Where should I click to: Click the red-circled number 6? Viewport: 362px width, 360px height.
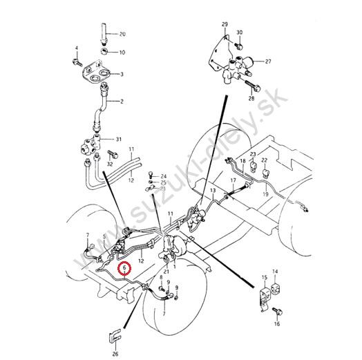(x=124, y=268)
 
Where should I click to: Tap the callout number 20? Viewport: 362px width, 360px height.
(x=122, y=34)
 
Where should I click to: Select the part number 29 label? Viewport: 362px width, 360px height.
(x=225, y=24)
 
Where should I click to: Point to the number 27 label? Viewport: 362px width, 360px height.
(x=268, y=61)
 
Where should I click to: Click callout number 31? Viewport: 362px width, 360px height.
(x=119, y=140)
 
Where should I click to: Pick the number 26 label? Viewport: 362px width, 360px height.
(x=115, y=353)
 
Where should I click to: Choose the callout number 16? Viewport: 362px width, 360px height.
(x=277, y=324)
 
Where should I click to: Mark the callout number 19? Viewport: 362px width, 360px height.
(x=266, y=194)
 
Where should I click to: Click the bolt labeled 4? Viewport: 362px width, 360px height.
(x=77, y=62)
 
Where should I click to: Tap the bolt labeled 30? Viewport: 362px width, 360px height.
(x=238, y=46)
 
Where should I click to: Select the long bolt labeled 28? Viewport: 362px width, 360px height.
(x=253, y=85)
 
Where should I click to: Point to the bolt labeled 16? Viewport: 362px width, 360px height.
(x=278, y=311)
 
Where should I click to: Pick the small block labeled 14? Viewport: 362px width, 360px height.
(x=276, y=288)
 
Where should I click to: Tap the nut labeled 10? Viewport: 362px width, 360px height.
(x=104, y=51)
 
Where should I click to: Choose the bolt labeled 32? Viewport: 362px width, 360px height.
(x=113, y=154)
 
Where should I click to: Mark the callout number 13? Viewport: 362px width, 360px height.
(x=213, y=191)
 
